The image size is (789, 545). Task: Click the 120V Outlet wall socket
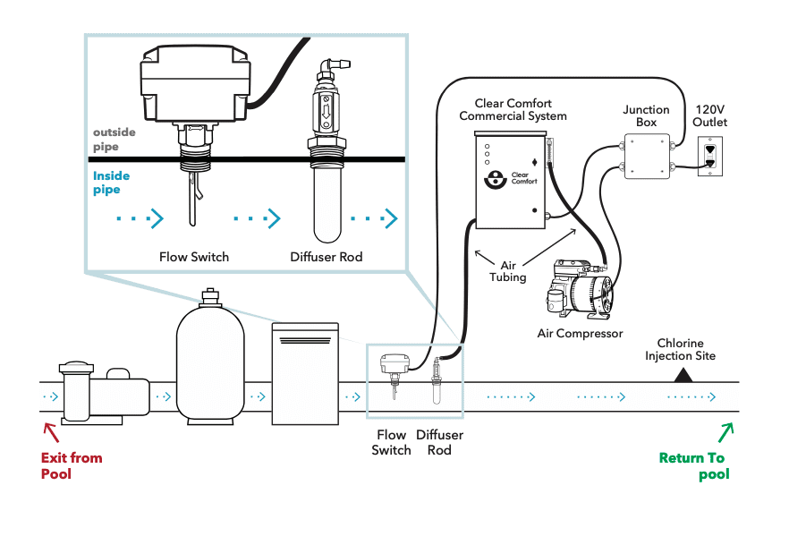[710, 158]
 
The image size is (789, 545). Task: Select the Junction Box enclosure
[647, 156]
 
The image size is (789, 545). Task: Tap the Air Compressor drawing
[581, 289]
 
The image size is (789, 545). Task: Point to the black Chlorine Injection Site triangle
[683, 375]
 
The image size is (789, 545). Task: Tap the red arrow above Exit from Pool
[51, 432]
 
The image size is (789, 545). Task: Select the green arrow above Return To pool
[726, 432]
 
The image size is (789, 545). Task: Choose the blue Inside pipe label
[111, 183]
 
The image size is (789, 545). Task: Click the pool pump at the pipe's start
[104, 393]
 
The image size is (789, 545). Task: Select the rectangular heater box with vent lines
[305, 373]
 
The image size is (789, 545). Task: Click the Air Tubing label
[508, 271]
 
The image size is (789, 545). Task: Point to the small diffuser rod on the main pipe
[437, 381]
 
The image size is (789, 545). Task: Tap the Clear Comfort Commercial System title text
[513, 110]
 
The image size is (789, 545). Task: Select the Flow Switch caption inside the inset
[194, 257]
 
